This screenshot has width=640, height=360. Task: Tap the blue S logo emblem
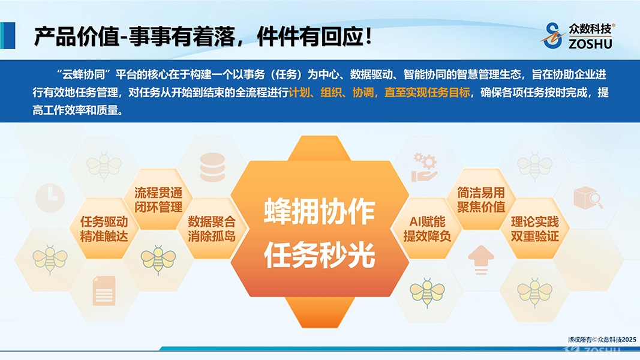(x=553, y=35)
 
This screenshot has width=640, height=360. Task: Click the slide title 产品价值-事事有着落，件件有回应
(x=203, y=37)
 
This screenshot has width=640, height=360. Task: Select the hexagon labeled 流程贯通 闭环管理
(x=158, y=200)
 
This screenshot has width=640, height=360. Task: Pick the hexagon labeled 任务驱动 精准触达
(x=104, y=229)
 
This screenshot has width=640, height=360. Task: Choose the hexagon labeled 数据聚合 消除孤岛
(x=212, y=229)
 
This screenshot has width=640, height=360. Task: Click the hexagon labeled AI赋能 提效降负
(x=427, y=229)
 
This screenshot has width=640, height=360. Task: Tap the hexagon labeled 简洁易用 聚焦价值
(x=481, y=200)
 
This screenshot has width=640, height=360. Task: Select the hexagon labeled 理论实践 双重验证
(x=534, y=229)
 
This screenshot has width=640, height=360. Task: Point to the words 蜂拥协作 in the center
(x=320, y=211)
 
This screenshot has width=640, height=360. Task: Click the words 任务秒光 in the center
(x=320, y=254)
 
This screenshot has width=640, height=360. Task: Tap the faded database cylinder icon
(x=212, y=167)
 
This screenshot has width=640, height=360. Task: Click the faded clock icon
(x=50, y=198)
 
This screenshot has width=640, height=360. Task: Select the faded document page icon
(x=104, y=290)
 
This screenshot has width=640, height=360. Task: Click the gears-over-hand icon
(x=424, y=167)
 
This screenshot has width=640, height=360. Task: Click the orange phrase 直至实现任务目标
(x=427, y=92)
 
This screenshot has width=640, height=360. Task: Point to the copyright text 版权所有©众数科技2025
(x=602, y=340)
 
